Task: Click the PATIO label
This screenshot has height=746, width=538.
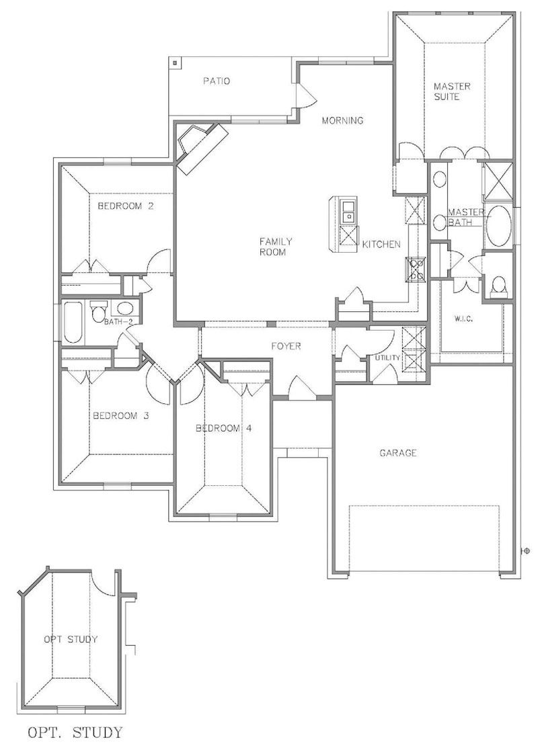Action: coord(217,81)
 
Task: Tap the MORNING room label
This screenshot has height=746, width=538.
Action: coord(342,120)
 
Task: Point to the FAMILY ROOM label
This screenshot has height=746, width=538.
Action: coord(276,247)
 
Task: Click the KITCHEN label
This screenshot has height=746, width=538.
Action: coord(381,244)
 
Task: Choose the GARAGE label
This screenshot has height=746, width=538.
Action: coord(398,453)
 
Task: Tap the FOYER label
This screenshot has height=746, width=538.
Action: coord(286,346)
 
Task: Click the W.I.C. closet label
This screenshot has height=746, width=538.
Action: coord(463,319)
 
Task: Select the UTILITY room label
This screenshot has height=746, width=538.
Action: coord(387,358)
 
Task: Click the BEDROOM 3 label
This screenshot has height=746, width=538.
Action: coord(121,415)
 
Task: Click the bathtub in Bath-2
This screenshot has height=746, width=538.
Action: coord(73,322)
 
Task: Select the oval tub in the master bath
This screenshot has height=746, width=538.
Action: coord(498,226)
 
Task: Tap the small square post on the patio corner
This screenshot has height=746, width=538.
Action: coord(175,63)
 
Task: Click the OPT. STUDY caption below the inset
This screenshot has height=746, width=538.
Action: coord(75,732)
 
